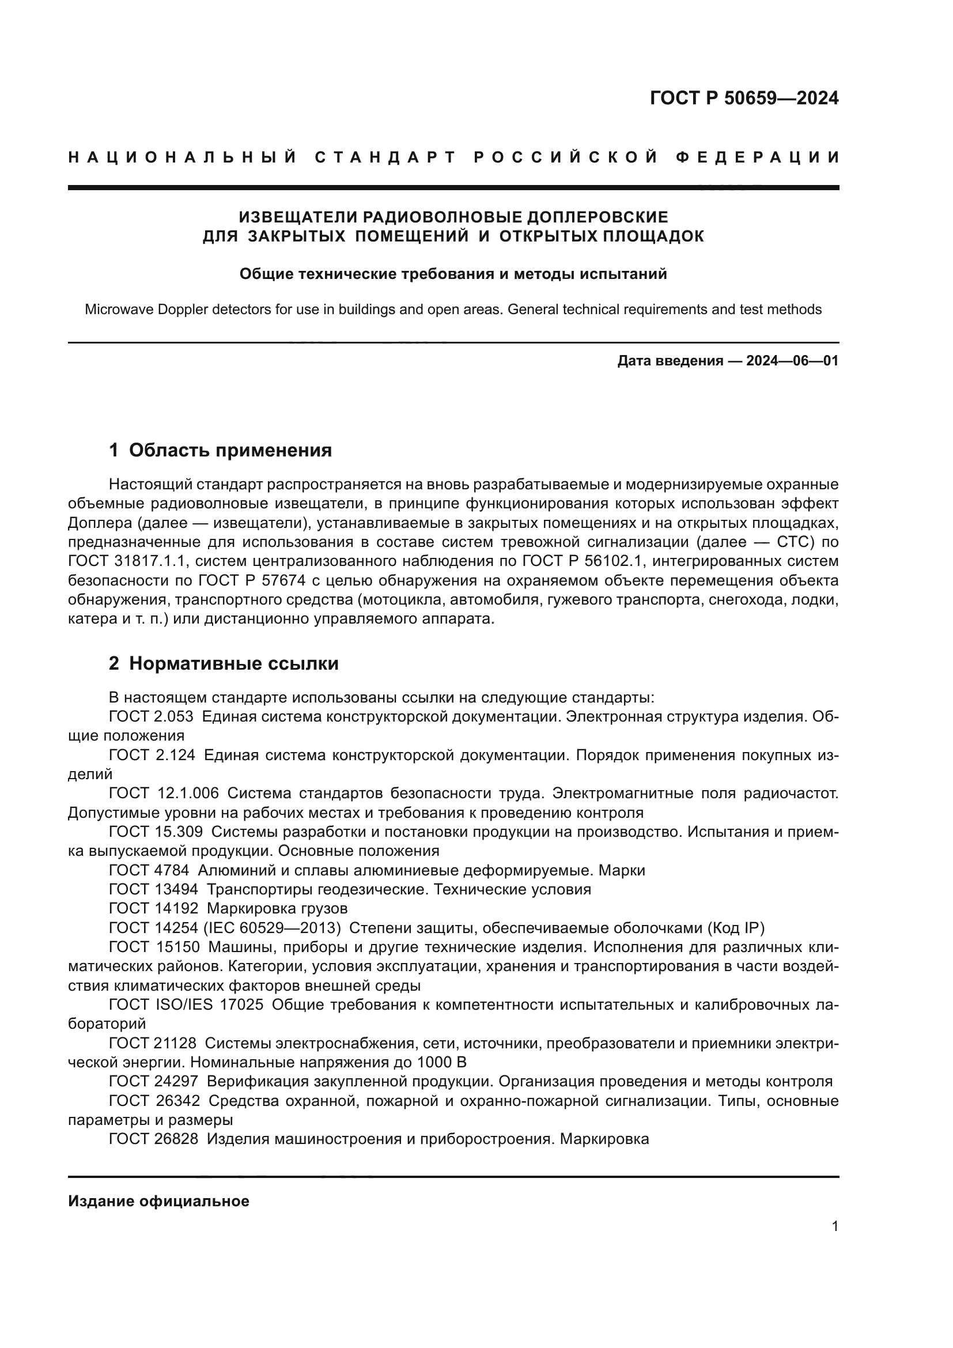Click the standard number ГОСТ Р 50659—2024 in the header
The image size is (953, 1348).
click(743, 98)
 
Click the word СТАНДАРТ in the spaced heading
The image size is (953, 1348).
click(385, 157)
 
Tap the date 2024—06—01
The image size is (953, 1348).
click(792, 360)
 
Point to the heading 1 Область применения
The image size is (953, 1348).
click(221, 450)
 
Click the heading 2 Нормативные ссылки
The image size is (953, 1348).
click(224, 663)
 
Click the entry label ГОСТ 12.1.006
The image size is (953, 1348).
click(164, 793)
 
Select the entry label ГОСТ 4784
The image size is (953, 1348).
click(149, 870)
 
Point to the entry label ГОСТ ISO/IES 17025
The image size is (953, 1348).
click(186, 1005)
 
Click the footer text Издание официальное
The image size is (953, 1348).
click(158, 1201)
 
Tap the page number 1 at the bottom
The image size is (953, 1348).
click(834, 1226)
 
